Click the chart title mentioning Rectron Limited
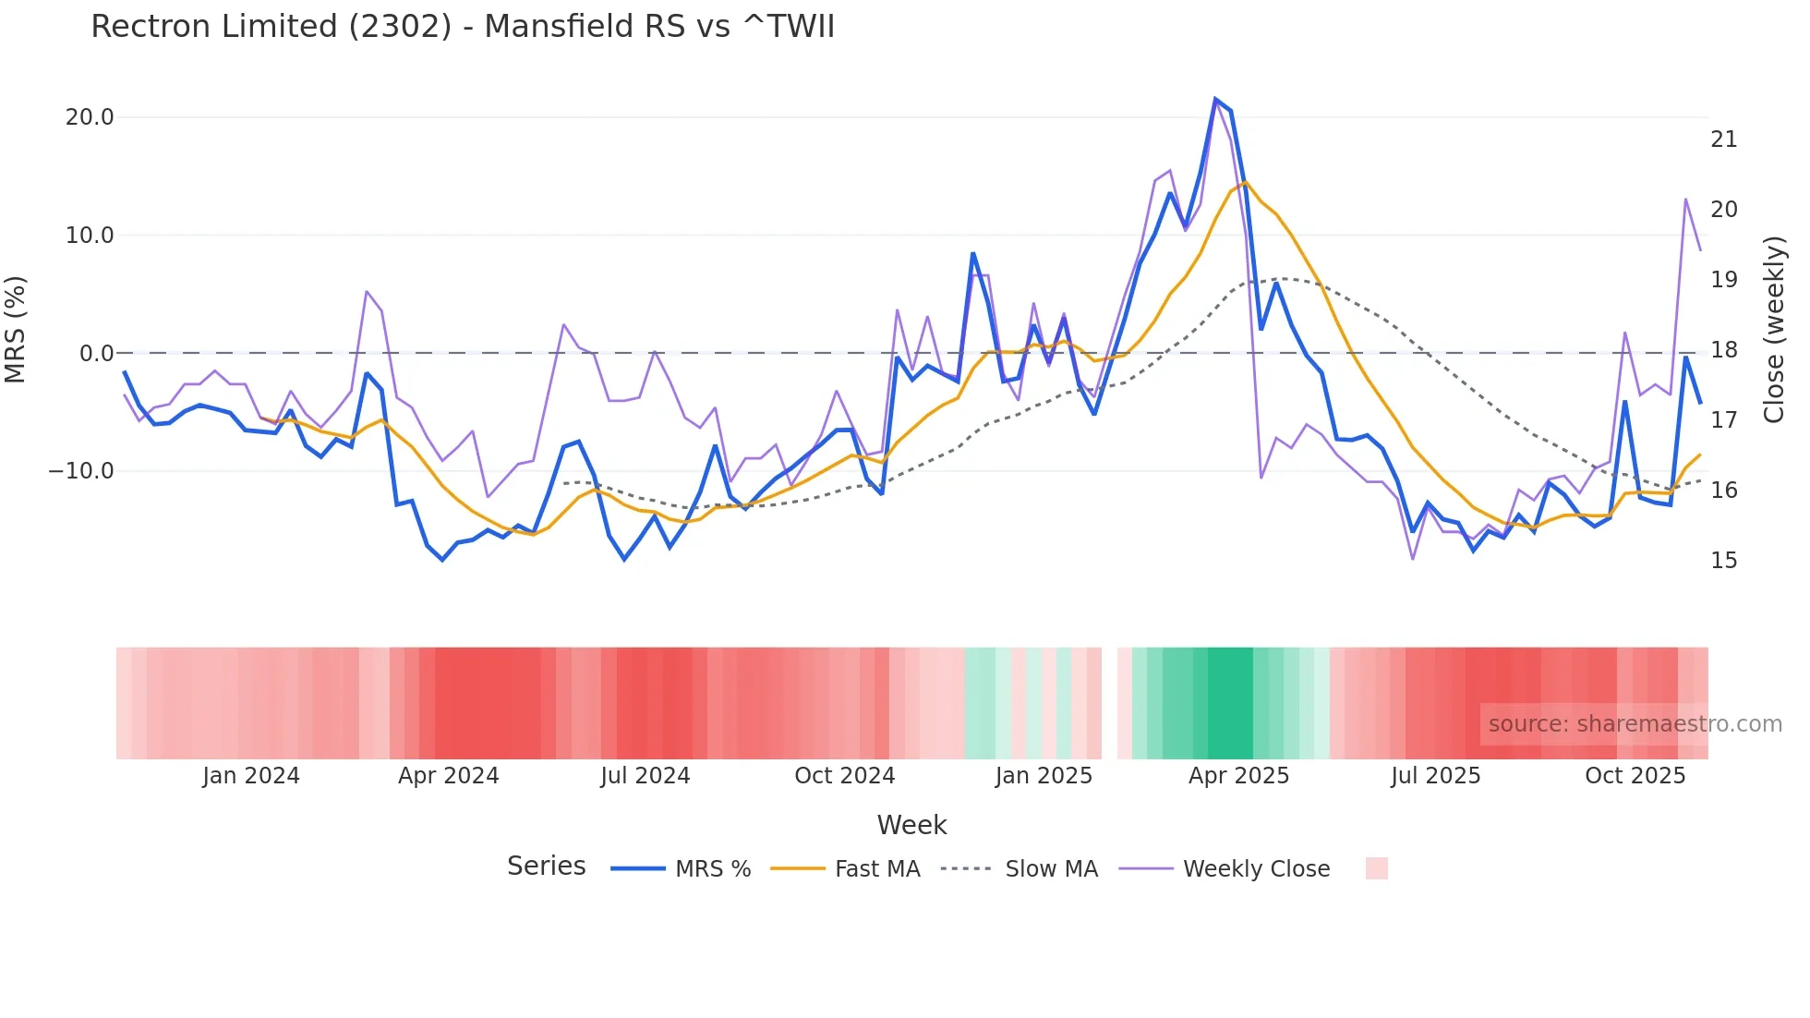pyautogui.click(x=463, y=27)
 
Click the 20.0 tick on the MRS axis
pyautogui.click(x=90, y=117)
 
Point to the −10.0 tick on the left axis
pyautogui.click(x=81, y=471)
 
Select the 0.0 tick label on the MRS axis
pyautogui.click(x=96, y=354)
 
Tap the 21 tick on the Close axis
pyautogui.click(x=1723, y=139)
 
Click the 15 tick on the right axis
pyautogui.click(x=1723, y=561)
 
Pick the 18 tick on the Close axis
pyautogui.click(x=1723, y=350)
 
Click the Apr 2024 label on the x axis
pyautogui.click(x=448, y=776)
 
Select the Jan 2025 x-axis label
pyautogui.click(x=1044, y=776)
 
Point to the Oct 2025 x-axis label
pyautogui.click(x=1635, y=776)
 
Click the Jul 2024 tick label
pyautogui.click(x=645, y=776)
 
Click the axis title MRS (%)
pyautogui.click(x=16, y=329)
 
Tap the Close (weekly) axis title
pyautogui.click(x=1773, y=329)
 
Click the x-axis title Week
pyautogui.click(x=911, y=825)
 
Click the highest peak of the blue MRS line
pyautogui.click(x=1215, y=99)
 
